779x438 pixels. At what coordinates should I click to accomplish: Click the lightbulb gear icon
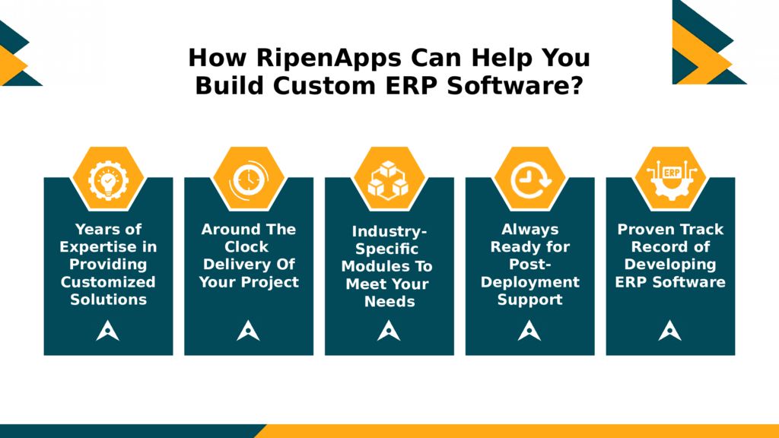(x=108, y=179)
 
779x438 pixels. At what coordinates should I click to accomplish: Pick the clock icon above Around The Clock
(x=249, y=179)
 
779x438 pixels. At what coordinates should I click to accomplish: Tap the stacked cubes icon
(x=389, y=180)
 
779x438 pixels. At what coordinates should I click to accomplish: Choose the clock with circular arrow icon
(x=529, y=179)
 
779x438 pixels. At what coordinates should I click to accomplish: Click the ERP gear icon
(x=670, y=179)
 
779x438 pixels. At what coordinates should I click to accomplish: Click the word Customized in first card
(x=108, y=282)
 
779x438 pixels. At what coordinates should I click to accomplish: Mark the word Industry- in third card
(x=389, y=231)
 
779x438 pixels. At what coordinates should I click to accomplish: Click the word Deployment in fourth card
(x=529, y=282)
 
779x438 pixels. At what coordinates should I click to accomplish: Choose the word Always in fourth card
(x=529, y=229)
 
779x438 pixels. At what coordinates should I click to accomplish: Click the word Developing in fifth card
(x=670, y=265)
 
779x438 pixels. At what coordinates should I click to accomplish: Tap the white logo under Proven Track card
(x=670, y=330)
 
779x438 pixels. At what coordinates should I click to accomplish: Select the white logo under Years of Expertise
(x=108, y=330)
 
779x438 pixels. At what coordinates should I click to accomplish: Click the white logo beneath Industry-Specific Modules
(x=389, y=330)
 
